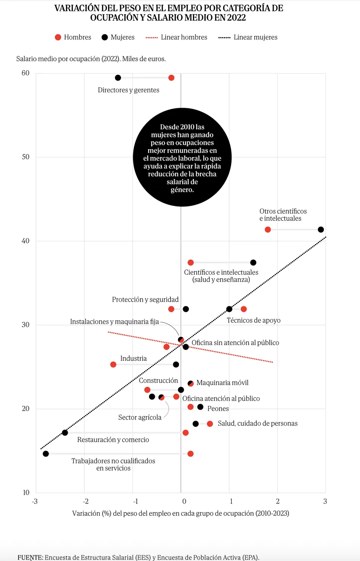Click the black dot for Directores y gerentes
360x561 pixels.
click(118, 78)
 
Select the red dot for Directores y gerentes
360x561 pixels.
click(171, 78)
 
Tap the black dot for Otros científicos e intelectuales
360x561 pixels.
click(321, 229)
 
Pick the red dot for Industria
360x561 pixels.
click(113, 365)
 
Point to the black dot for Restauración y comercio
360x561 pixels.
click(65, 433)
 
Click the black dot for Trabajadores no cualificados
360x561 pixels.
click(46, 454)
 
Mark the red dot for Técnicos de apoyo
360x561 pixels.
click(244, 309)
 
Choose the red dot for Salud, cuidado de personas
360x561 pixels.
click(210, 423)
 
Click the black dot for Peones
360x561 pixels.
click(200, 407)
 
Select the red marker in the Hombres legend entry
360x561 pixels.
click(58, 37)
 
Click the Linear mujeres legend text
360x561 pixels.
click(255, 37)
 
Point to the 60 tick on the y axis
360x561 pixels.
click(25, 73)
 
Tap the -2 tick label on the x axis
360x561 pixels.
click(86, 501)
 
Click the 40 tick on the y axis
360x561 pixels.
click(25, 241)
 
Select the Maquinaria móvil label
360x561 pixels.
click(222, 383)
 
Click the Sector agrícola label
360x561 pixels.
click(140, 417)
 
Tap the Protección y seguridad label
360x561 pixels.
click(145, 299)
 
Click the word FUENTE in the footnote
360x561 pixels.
click(30, 557)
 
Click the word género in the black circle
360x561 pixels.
click(182, 190)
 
